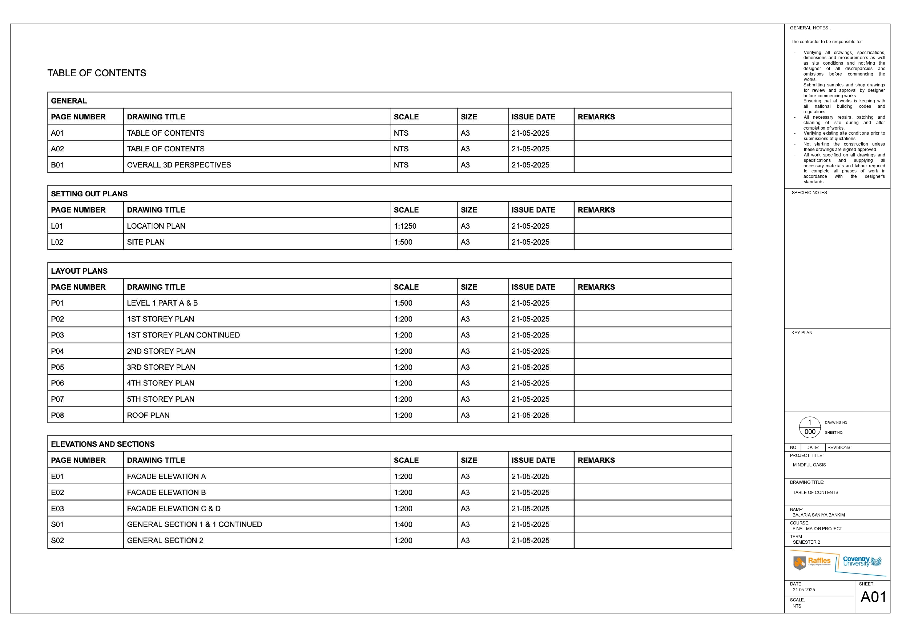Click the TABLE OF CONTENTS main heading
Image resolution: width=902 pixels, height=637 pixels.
97,73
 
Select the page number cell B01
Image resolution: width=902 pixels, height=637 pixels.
57,165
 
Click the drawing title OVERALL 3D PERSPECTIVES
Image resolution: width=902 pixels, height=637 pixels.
179,165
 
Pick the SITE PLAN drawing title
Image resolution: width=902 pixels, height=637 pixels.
146,242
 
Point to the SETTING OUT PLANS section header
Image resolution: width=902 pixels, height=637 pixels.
89,194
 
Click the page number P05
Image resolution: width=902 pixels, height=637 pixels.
57,367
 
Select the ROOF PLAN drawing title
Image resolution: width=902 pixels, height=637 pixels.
148,415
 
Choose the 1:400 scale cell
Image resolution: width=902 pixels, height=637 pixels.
403,524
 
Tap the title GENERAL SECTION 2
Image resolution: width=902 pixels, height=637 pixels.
165,540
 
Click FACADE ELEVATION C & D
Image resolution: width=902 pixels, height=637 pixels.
174,509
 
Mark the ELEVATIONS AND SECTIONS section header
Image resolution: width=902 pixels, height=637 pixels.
102,444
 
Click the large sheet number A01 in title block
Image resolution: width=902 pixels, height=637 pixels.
873,597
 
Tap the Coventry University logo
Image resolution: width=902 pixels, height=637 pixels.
862,562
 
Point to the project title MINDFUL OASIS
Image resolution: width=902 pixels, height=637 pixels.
809,465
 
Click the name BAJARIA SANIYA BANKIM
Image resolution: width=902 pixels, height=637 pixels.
818,515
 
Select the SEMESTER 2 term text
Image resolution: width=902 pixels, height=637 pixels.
806,542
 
